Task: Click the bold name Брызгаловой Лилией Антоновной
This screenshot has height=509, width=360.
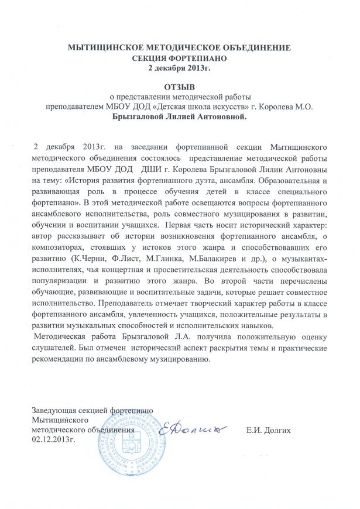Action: pos(180,116)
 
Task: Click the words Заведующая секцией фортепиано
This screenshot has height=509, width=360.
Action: pos(93,410)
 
